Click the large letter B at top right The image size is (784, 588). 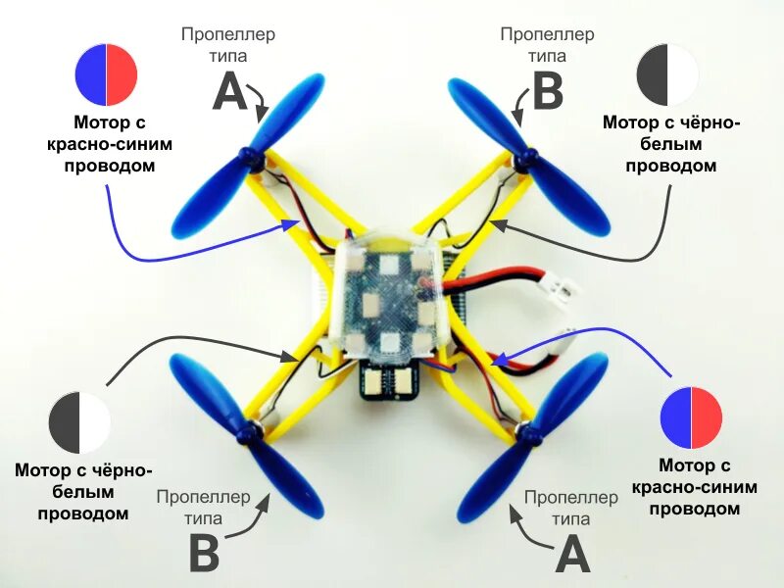(548, 93)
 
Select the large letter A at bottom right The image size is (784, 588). (572, 555)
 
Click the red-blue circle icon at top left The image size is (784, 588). (106, 75)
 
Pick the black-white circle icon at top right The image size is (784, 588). (667, 75)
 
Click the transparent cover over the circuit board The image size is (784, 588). (388, 294)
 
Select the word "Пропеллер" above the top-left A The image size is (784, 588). (228, 34)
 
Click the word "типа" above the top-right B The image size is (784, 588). (547, 56)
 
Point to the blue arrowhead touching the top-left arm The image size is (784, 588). (291, 225)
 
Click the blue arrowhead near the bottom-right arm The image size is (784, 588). (498, 361)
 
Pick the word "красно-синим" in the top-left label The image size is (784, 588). (109, 144)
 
